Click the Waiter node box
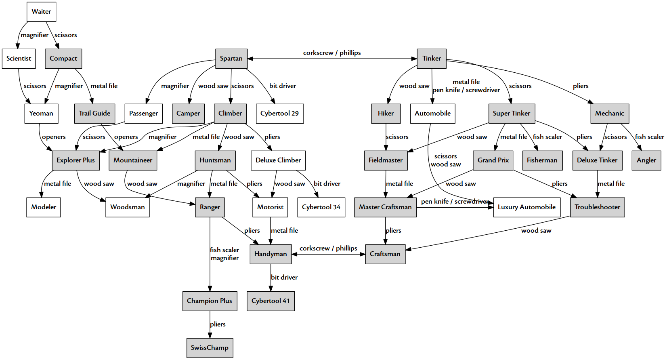click(41, 12)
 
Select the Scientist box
click(19, 59)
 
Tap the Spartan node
click(231, 59)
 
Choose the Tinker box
click(432, 59)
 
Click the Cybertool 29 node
click(279, 114)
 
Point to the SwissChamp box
click(210, 348)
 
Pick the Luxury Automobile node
click(526, 207)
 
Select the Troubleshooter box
click(597, 207)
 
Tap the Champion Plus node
click(210, 301)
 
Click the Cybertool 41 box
click(271, 301)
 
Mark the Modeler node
click(44, 207)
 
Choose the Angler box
click(646, 160)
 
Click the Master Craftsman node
click(385, 207)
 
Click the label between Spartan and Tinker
click(332, 53)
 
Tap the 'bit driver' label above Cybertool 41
click(284, 278)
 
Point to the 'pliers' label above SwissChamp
click(218, 324)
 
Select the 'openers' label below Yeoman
click(54, 137)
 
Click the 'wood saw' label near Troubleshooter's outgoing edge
click(536, 231)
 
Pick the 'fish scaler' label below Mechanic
click(649, 137)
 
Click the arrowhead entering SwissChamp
click(210, 335)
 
